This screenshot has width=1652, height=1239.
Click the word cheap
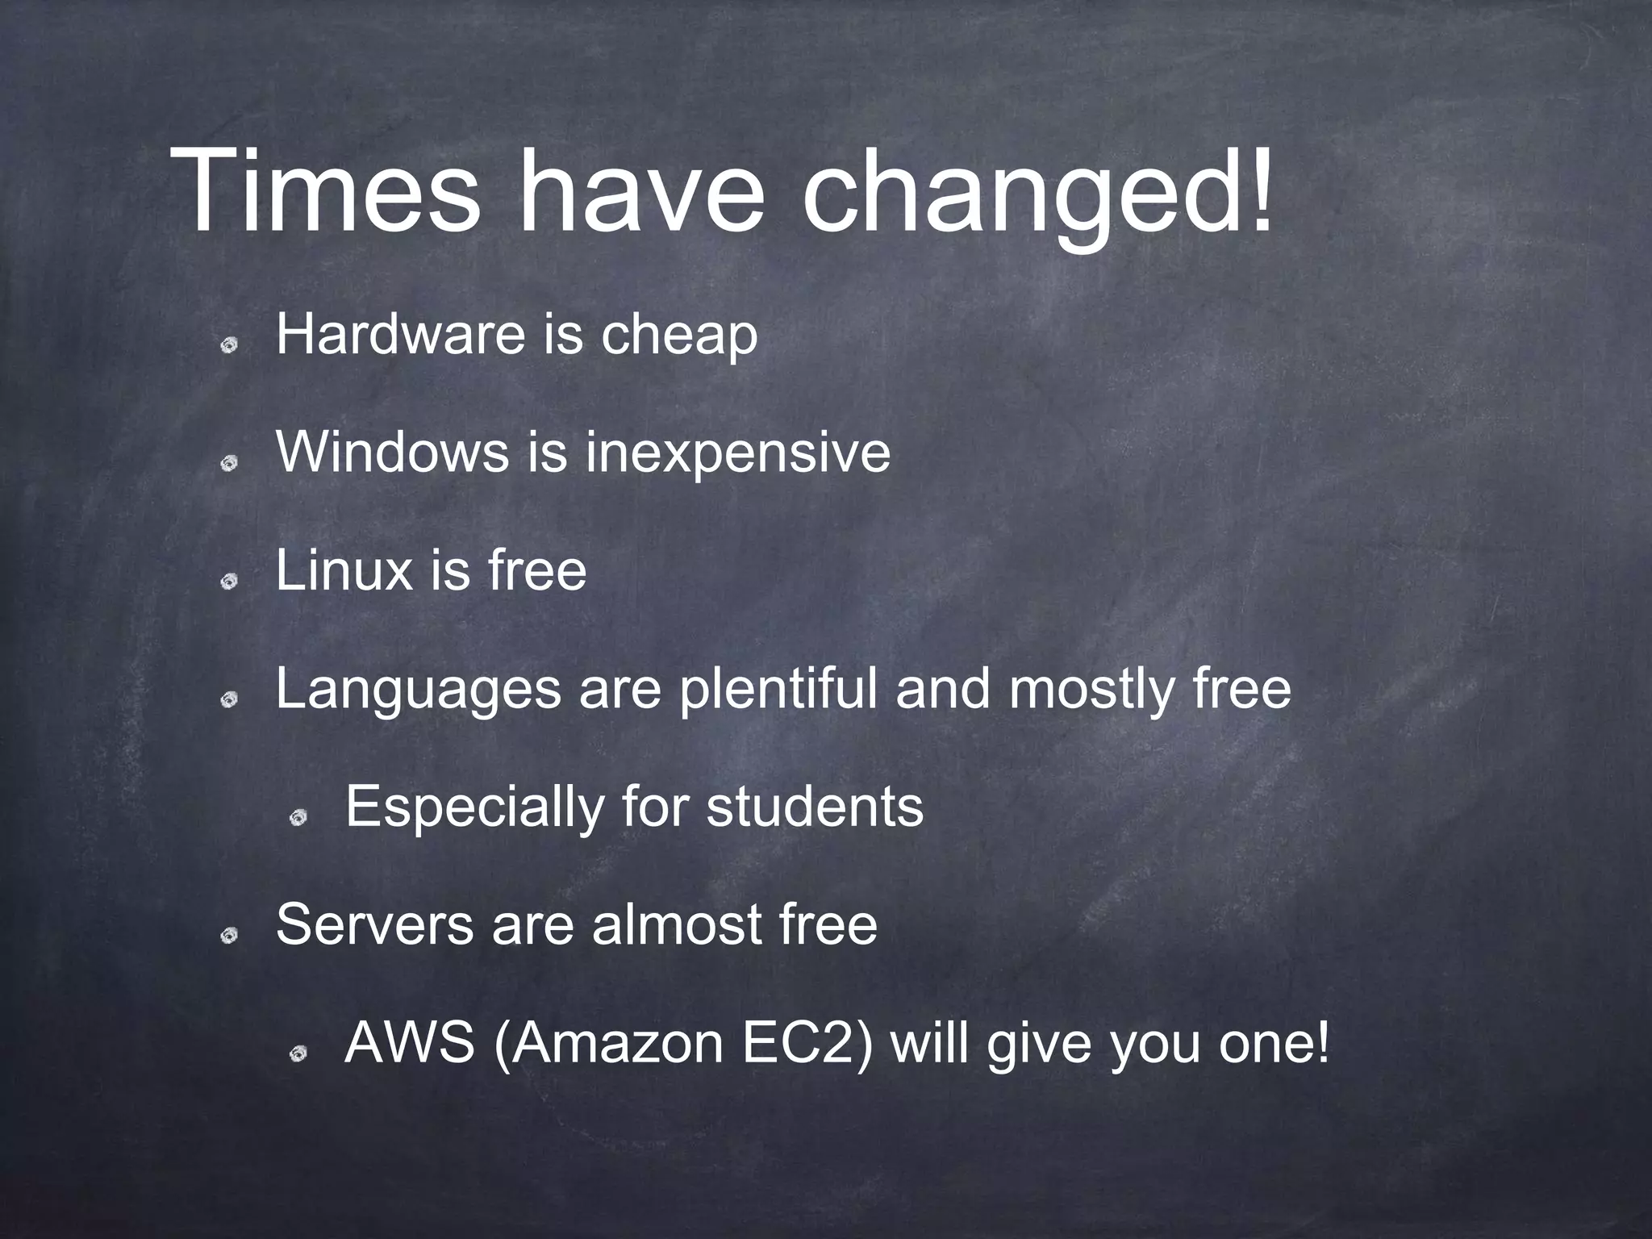point(678,337)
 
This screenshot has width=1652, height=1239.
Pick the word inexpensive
point(738,454)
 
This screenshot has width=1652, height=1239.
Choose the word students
point(815,807)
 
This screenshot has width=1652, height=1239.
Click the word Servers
point(374,924)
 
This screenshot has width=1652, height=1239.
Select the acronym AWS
point(409,1044)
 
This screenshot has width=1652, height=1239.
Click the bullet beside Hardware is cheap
point(230,345)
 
